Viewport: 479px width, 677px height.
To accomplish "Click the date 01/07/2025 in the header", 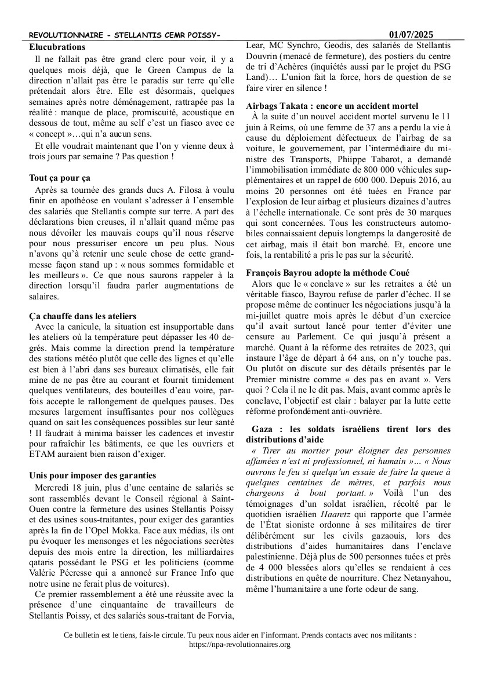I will point(411,35).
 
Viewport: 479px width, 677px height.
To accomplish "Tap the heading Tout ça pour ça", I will point(60,178).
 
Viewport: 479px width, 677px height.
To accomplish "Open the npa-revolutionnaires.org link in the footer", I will point(240,644).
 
